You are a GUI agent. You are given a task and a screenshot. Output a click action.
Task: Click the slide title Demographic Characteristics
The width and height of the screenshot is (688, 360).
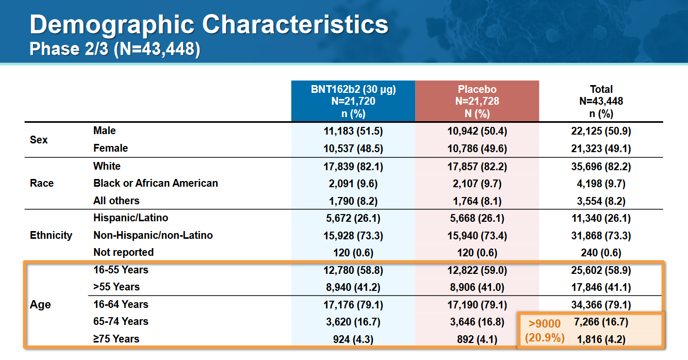209,25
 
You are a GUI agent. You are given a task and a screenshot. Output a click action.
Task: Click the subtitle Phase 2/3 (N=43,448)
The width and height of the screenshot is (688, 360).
114,49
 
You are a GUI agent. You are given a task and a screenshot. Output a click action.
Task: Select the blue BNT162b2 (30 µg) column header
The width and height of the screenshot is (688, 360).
353,101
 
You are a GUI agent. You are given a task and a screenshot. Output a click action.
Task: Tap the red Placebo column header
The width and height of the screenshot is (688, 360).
477,101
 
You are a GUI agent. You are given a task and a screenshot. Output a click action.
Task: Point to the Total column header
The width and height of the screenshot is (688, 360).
601,101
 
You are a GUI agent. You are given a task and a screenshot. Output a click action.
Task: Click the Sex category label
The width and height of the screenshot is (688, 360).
39,140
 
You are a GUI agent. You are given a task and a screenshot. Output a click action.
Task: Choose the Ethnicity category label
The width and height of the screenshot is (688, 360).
51,235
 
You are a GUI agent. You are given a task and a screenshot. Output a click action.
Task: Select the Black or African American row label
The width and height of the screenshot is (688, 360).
155,183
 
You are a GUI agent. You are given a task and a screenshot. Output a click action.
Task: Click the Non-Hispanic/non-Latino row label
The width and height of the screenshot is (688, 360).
153,235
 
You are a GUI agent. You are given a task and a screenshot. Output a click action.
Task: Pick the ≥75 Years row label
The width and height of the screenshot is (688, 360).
116,339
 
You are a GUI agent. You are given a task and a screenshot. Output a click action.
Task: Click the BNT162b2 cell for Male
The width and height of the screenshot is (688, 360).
353,131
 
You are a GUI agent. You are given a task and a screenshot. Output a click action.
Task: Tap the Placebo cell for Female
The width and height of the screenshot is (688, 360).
477,149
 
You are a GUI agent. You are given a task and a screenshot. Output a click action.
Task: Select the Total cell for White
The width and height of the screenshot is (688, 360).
601,167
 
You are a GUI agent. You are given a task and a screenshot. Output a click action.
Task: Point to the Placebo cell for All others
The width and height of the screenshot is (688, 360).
477,201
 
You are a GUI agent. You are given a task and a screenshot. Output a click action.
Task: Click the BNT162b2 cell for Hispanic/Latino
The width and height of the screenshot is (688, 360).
353,218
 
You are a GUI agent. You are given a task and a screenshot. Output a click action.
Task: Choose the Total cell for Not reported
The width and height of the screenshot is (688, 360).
601,253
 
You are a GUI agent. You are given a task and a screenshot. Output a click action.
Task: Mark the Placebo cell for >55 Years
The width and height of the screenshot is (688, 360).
477,287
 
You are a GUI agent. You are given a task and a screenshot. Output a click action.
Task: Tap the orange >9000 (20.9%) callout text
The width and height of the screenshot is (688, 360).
545,331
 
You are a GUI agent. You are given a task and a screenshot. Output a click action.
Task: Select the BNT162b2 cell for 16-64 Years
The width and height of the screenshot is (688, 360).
353,304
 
